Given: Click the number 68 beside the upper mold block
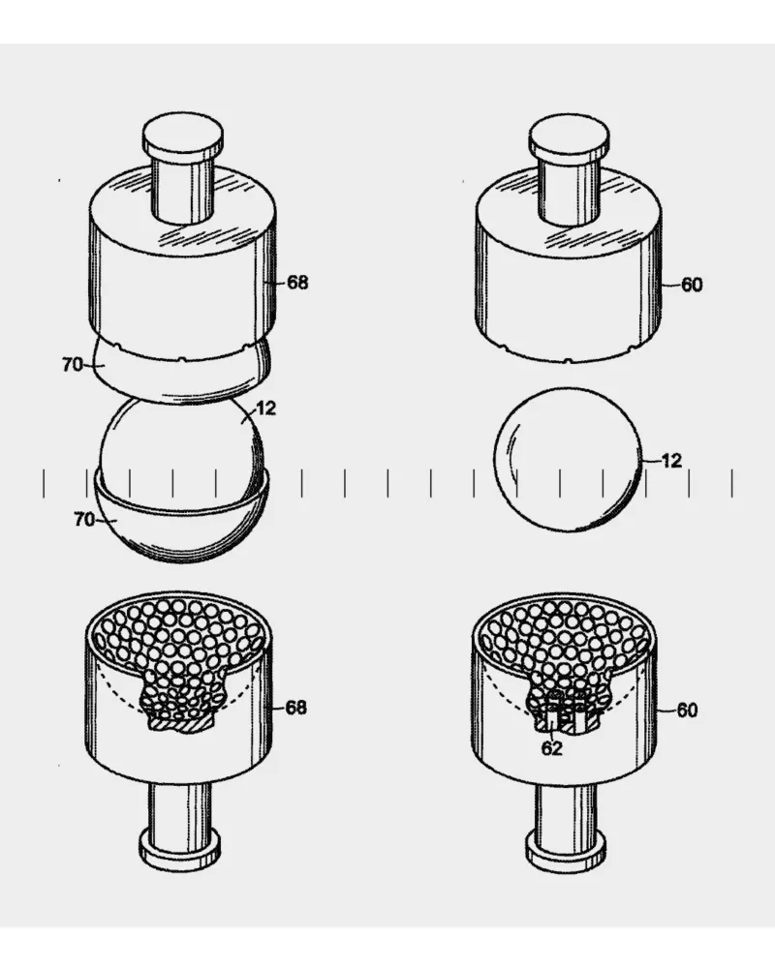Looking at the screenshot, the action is pyautogui.click(x=297, y=283).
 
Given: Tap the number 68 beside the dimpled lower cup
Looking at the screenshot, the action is pyautogui.click(x=296, y=708).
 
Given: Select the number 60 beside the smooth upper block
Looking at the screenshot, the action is pyautogui.click(x=692, y=285).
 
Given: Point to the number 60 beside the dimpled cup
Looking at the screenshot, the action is pyautogui.click(x=687, y=711).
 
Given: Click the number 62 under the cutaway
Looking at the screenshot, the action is pyautogui.click(x=552, y=748).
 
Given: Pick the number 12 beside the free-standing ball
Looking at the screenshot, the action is pyautogui.click(x=671, y=461).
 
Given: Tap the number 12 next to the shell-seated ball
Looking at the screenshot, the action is pyautogui.click(x=265, y=408).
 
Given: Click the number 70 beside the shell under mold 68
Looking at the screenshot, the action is pyautogui.click(x=73, y=365).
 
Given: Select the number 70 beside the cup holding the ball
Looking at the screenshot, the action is pyautogui.click(x=84, y=520).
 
